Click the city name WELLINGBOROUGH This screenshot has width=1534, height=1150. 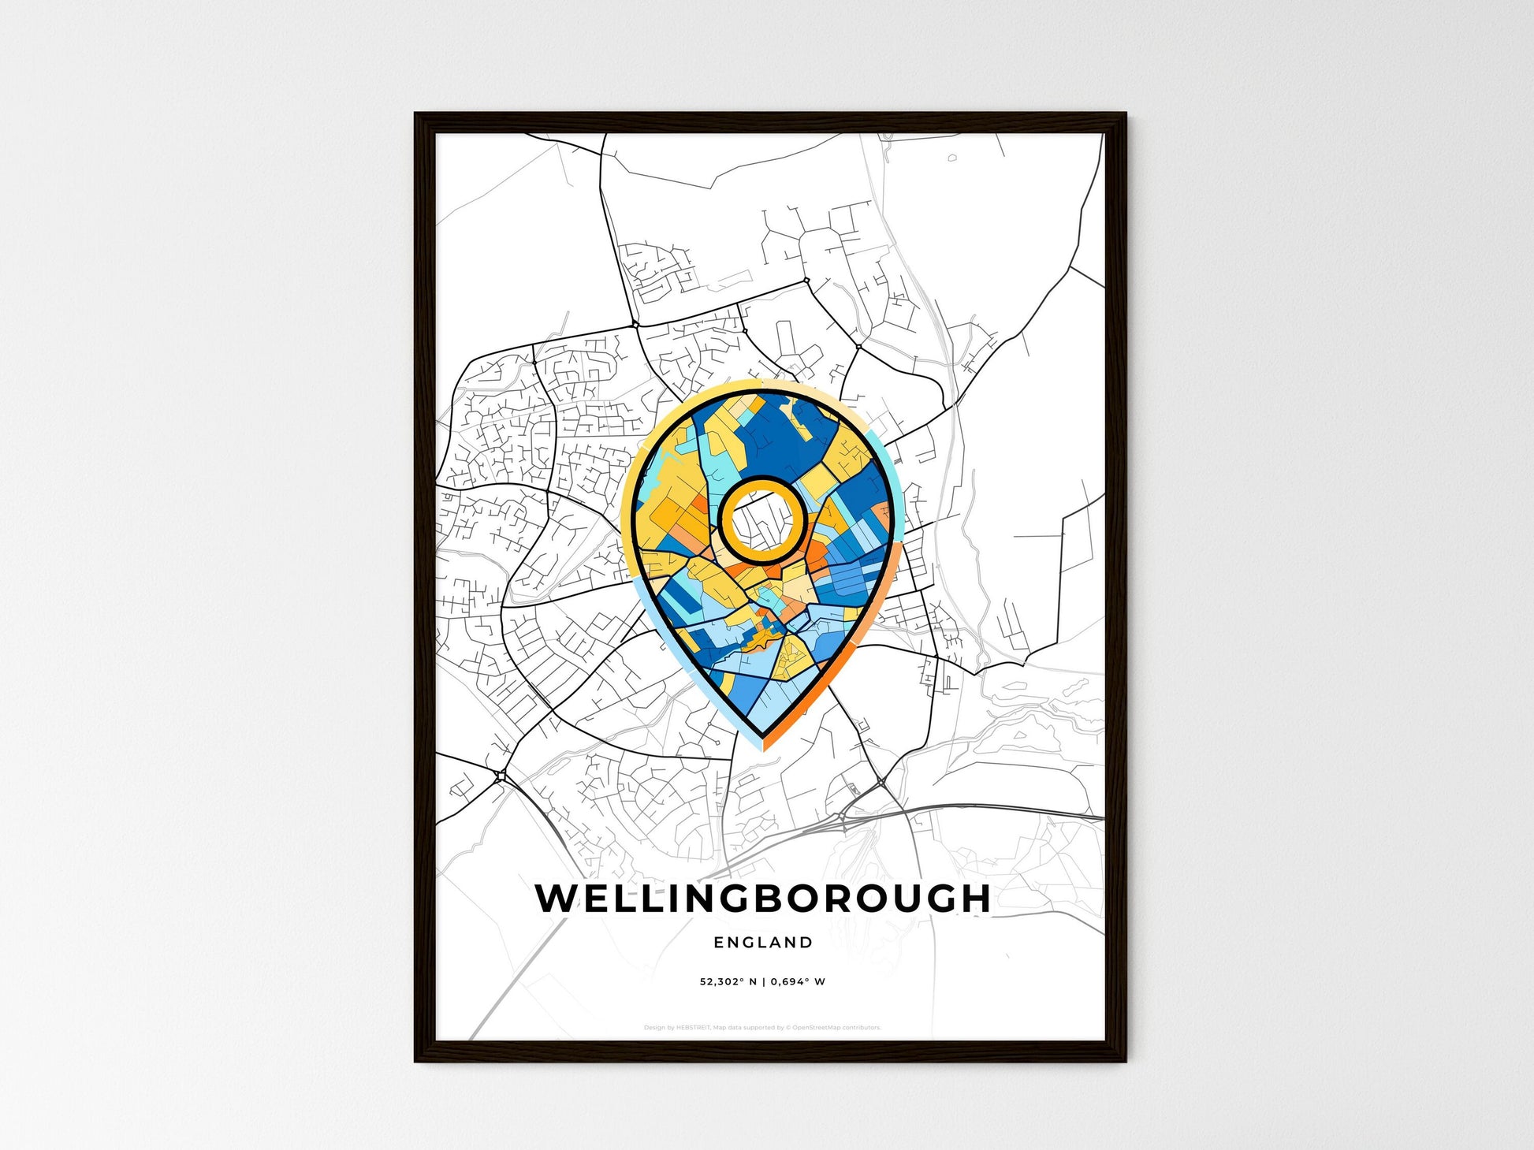pos(762,899)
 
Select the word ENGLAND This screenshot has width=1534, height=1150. pos(762,942)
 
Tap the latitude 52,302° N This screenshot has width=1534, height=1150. pos(728,982)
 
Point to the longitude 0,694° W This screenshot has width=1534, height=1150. pos(798,982)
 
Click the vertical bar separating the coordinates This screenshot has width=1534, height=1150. pos(763,982)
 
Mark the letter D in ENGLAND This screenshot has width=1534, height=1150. pos(806,942)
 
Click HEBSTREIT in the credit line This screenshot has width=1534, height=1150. pos(694,1028)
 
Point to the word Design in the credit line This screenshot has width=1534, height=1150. pos(653,1028)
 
